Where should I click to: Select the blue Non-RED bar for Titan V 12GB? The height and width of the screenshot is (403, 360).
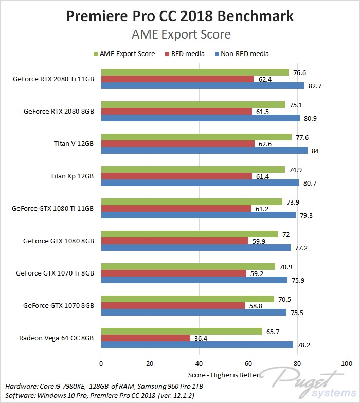[x=204, y=151]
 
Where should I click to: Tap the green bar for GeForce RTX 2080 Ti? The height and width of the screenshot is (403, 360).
[x=195, y=72]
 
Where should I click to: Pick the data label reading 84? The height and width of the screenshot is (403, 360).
[x=315, y=151]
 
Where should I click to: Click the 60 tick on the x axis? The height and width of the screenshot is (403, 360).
[x=248, y=363]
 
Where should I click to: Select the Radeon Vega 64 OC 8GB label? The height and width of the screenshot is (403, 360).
[x=57, y=338]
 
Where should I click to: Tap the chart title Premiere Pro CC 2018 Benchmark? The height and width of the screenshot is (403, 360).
[x=180, y=16]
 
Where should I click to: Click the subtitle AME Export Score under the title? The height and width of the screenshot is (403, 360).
[x=180, y=34]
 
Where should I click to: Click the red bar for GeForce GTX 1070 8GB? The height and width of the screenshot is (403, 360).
[x=173, y=305]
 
